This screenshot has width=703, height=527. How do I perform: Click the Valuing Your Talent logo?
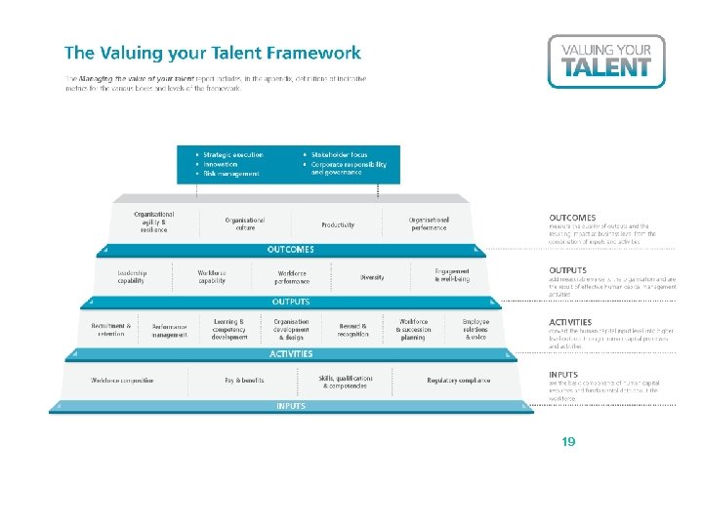pyautogui.click(x=605, y=61)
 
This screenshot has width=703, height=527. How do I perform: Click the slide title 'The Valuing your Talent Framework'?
pyautogui.click(x=212, y=54)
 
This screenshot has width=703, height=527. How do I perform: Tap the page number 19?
pyautogui.click(x=568, y=442)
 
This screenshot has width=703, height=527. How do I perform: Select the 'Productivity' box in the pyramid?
pyautogui.click(x=338, y=224)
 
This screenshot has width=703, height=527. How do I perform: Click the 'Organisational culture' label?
pyautogui.click(x=245, y=224)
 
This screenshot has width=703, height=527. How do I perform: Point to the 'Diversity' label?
pyautogui.click(x=372, y=277)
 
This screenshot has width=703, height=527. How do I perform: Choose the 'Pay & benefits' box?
pyautogui.click(x=244, y=381)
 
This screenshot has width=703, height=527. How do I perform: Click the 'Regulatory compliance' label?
pyautogui.click(x=459, y=381)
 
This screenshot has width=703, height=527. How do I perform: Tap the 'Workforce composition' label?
pyautogui.click(x=122, y=381)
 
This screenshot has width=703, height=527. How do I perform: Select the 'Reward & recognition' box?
pyautogui.click(x=353, y=329)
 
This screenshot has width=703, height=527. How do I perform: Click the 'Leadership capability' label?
pyautogui.click(x=131, y=277)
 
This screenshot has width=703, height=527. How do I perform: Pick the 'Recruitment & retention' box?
pyautogui.click(x=110, y=329)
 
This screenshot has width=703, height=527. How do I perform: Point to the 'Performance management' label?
pyautogui.click(x=169, y=329)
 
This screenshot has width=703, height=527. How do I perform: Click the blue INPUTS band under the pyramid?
pyautogui.click(x=291, y=406)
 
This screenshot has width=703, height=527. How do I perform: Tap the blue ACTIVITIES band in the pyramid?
pyautogui.click(x=291, y=353)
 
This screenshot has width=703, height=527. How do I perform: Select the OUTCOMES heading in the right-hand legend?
pyautogui.click(x=572, y=218)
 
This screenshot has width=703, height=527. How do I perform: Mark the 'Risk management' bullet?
pyautogui.click(x=230, y=174)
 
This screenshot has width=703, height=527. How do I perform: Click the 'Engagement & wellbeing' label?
pyautogui.click(x=452, y=275)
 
